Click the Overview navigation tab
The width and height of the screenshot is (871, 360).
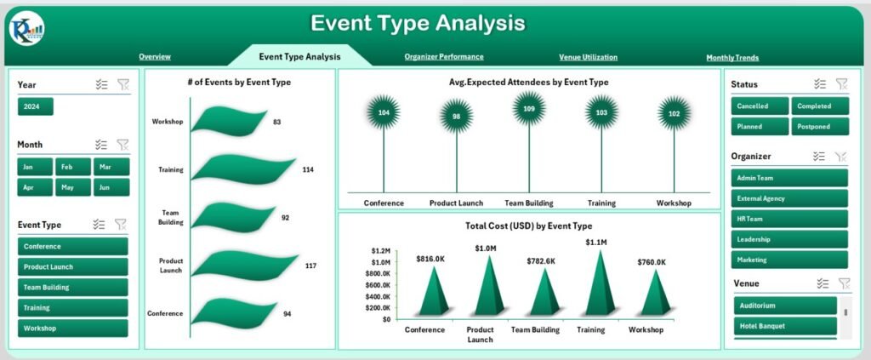(155, 57)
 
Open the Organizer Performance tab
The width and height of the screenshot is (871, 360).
(444, 57)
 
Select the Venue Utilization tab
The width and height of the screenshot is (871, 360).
(588, 58)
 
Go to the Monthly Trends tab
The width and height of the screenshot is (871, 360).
(732, 58)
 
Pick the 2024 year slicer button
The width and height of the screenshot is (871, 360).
(36, 106)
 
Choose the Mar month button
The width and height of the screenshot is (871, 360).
(112, 167)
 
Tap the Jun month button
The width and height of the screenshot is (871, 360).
(112, 187)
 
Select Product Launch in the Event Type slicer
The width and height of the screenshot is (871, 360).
(72, 267)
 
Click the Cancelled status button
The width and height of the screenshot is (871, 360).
(760, 106)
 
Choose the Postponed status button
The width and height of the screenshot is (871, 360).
(821, 127)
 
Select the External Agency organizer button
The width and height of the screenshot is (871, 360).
(789, 198)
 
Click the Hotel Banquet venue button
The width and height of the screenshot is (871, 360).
(785, 326)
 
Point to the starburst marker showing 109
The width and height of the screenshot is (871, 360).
(529, 109)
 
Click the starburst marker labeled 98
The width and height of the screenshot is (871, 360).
(456, 117)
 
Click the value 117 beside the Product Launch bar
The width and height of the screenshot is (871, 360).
(310, 266)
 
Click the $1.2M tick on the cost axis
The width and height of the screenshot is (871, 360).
(380, 251)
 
